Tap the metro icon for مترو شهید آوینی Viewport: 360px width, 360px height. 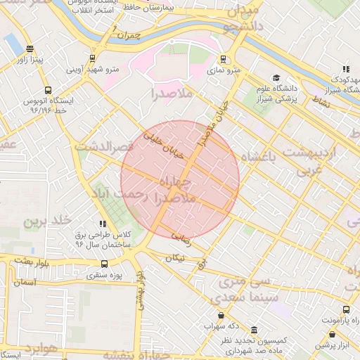(91, 58)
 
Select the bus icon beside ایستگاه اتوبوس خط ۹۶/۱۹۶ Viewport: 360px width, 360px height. (48, 90)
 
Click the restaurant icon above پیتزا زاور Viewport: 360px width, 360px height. (29, 49)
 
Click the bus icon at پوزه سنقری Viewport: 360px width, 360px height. (104, 264)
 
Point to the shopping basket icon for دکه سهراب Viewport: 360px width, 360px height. (222, 315)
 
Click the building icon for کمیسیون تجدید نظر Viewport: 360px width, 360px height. (253, 330)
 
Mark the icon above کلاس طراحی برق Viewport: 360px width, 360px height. (104, 224)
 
